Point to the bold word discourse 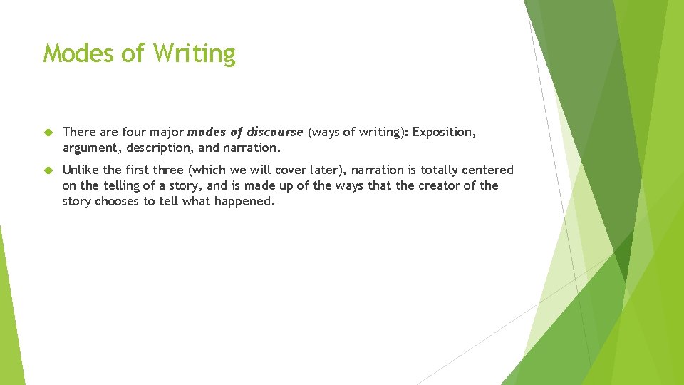coord(275,132)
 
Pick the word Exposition coord(444,132)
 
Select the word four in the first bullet coord(136,132)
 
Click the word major coord(167,132)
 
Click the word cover coord(287,170)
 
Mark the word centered coord(489,170)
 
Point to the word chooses coord(118,201)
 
